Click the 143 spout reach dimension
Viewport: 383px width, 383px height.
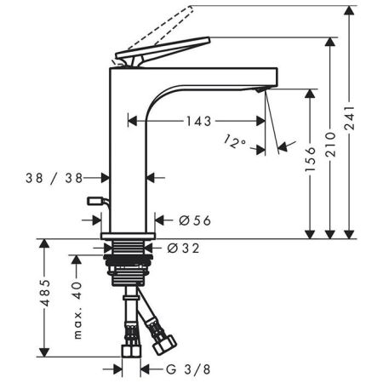[x=198, y=122]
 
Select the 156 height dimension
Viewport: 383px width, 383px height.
[x=310, y=159]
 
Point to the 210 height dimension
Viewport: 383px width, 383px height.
[x=330, y=144]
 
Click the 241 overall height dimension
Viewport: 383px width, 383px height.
[x=349, y=118]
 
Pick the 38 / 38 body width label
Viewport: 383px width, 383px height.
[x=54, y=178]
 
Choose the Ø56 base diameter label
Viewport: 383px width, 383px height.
[x=195, y=220]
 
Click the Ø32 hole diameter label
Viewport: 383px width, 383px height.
[x=183, y=249]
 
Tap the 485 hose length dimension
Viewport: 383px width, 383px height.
[x=44, y=293]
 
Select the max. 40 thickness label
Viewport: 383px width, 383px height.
[x=77, y=311]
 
